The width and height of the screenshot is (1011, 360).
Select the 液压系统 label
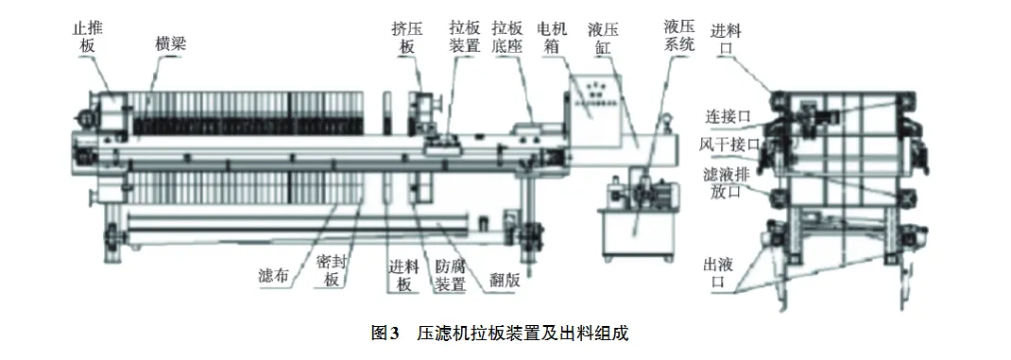[x=680, y=36]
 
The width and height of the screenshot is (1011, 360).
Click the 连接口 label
[x=728, y=117]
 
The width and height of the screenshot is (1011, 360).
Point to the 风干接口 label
[x=728, y=145]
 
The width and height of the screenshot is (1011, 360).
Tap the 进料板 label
[x=402, y=274]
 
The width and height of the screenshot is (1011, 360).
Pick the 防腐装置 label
[x=449, y=274]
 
